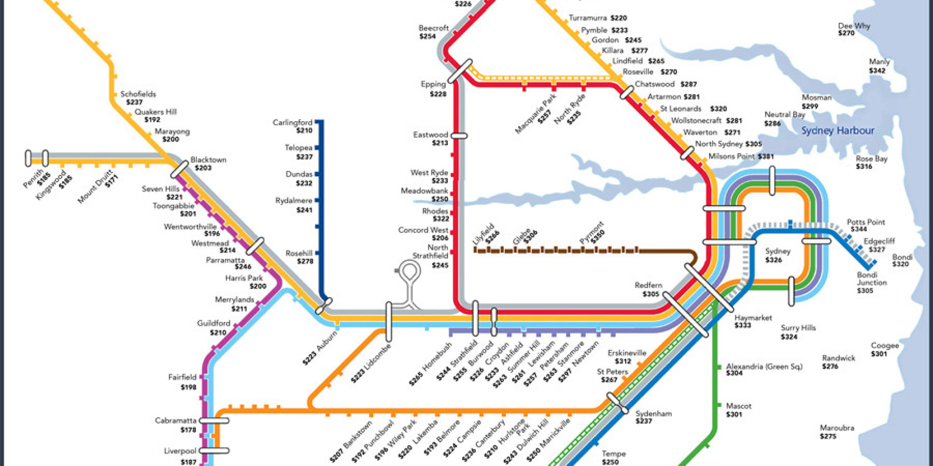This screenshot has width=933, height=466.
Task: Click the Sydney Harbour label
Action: [838, 131]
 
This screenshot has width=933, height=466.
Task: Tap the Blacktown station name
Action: [208, 160]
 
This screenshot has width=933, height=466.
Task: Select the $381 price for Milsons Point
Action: [766, 157]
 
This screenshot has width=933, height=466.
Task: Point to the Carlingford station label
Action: [292, 123]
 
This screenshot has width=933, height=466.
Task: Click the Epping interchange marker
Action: [460, 71]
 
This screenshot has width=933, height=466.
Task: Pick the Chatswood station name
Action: [654, 84]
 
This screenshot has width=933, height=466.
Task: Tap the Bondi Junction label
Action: [871, 279]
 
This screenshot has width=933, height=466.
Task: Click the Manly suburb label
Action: [879, 62]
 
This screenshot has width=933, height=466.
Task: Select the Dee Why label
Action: [854, 26]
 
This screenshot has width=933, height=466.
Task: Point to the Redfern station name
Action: [648, 285]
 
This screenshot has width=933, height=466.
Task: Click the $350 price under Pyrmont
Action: [598, 237]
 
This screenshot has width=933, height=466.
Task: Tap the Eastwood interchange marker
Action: [459, 136]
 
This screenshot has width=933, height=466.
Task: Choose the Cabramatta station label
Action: [175, 421]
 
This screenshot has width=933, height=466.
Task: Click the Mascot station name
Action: [738, 406]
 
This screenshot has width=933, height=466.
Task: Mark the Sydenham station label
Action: [653, 414]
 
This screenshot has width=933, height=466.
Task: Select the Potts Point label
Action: [866, 222]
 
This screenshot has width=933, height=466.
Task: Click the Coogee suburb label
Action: [884, 346]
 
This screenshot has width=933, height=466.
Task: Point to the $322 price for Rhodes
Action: [441, 219]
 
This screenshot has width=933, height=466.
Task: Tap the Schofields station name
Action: [138, 94]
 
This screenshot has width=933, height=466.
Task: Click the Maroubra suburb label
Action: [837, 428]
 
